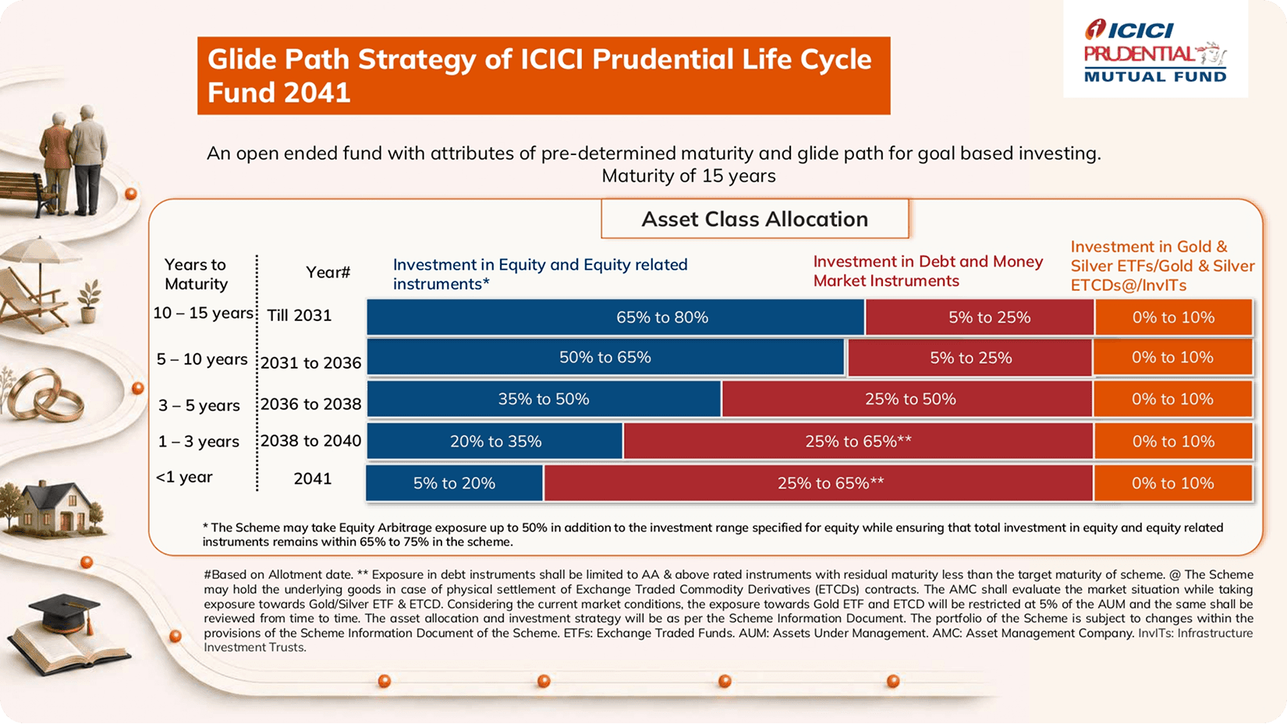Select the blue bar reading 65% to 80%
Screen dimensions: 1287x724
(x=615, y=317)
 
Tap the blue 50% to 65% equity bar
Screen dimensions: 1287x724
(x=605, y=357)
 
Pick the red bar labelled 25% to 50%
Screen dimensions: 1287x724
(x=907, y=399)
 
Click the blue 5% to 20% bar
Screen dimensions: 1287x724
(x=454, y=483)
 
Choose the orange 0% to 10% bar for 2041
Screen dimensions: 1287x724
(x=1173, y=483)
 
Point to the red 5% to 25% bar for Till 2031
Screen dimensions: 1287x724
(x=980, y=317)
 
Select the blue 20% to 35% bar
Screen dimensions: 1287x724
(x=495, y=441)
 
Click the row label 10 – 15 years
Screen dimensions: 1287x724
(x=203, y=313)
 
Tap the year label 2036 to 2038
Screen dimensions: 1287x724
(x=311, y=404)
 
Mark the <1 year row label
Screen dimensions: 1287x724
(x=184, y=477)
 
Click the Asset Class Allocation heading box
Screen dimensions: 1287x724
(x=755, y=219)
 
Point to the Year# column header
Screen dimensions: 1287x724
(x=328, y=272)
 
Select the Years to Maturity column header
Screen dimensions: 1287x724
(x=196, y=274)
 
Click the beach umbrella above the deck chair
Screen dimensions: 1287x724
(x=41, y=253)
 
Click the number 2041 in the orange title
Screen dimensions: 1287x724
(x=317, y=93)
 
